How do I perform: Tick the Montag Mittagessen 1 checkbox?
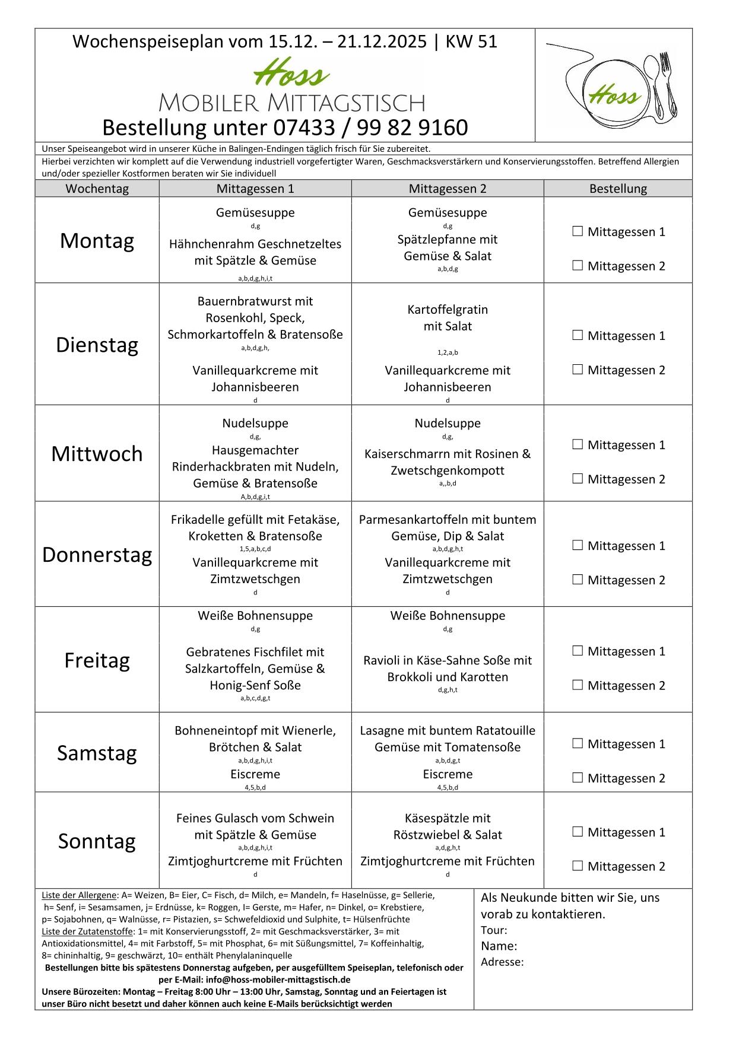click(578, 231)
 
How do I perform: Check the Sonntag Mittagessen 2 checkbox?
click(578, 866)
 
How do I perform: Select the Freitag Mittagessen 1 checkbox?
click(578, 651)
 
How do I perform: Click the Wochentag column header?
click(97, 189)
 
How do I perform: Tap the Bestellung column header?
click(617, 189)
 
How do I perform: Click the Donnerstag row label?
click(97, 554)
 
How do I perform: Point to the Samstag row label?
click(97, 752)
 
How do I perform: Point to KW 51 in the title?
click(471, 42)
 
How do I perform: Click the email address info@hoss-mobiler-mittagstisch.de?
click(278, 979)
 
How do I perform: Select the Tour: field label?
click(494, 930)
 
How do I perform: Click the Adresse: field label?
click(502, 962)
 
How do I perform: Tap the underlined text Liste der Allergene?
click(79, 895)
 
